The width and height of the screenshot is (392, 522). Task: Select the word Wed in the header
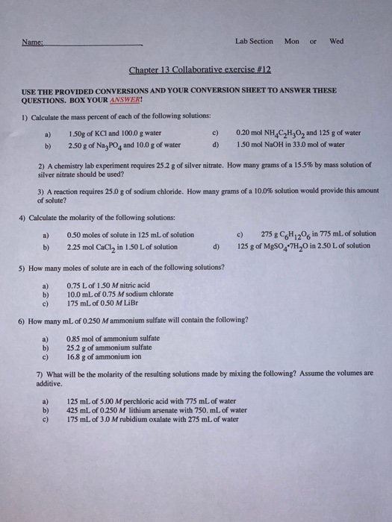coord(336,41)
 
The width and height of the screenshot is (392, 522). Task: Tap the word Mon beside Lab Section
coord(291,41)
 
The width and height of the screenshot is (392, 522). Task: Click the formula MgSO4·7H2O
coord(293,246)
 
